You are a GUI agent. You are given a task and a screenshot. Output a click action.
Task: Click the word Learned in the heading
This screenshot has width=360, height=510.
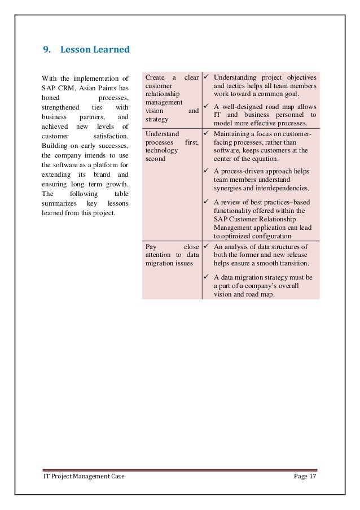coord(112,49)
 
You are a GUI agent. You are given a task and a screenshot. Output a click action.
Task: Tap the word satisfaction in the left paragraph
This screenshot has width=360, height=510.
coord(111,136)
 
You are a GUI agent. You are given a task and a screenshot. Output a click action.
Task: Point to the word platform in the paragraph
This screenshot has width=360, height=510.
coord(109,165)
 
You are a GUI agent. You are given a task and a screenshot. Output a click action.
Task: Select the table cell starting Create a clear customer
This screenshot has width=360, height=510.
coord(172,99)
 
